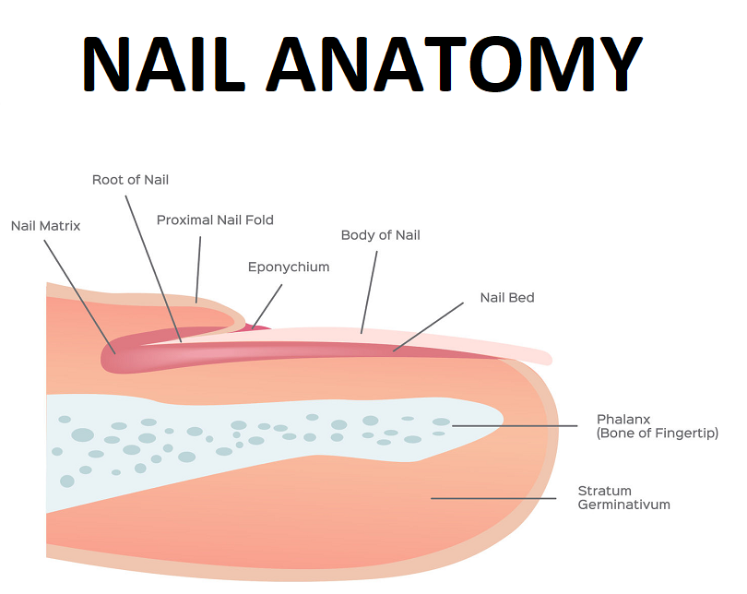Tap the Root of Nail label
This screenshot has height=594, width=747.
tap(130, 180)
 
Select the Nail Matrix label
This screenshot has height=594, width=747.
tap(45, 226)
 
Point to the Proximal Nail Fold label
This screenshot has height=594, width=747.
tap(215, 220)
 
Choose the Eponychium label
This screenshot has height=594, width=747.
tap(289, 267)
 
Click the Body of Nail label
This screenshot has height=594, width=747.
tap(380, 235)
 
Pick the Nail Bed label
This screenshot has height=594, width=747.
tap(507, 298)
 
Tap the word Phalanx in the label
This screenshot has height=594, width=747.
tap(623, 420)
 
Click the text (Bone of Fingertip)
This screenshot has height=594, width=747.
tap(657, 434)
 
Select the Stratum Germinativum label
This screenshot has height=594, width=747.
tap(623, 498)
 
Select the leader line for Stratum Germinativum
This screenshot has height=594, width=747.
tap(493, 498)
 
